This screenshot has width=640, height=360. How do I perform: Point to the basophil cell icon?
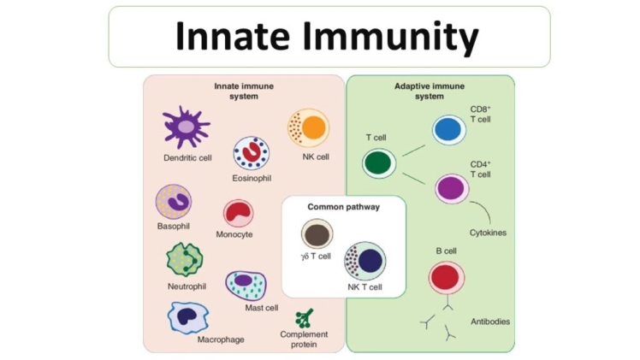point(174,203)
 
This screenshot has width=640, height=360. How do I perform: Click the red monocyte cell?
point(238,213)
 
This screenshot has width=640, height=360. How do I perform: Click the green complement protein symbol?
point(303,317)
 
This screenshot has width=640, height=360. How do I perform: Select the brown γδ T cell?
point(317,234)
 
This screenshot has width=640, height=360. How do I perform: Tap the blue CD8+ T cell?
point(448,129)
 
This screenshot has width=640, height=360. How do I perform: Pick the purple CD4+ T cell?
point(452,187)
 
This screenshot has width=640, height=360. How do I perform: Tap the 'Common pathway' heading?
point(343,207)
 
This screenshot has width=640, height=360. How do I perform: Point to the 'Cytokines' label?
point(489,232)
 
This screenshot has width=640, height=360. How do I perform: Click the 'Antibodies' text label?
point(490,322)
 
